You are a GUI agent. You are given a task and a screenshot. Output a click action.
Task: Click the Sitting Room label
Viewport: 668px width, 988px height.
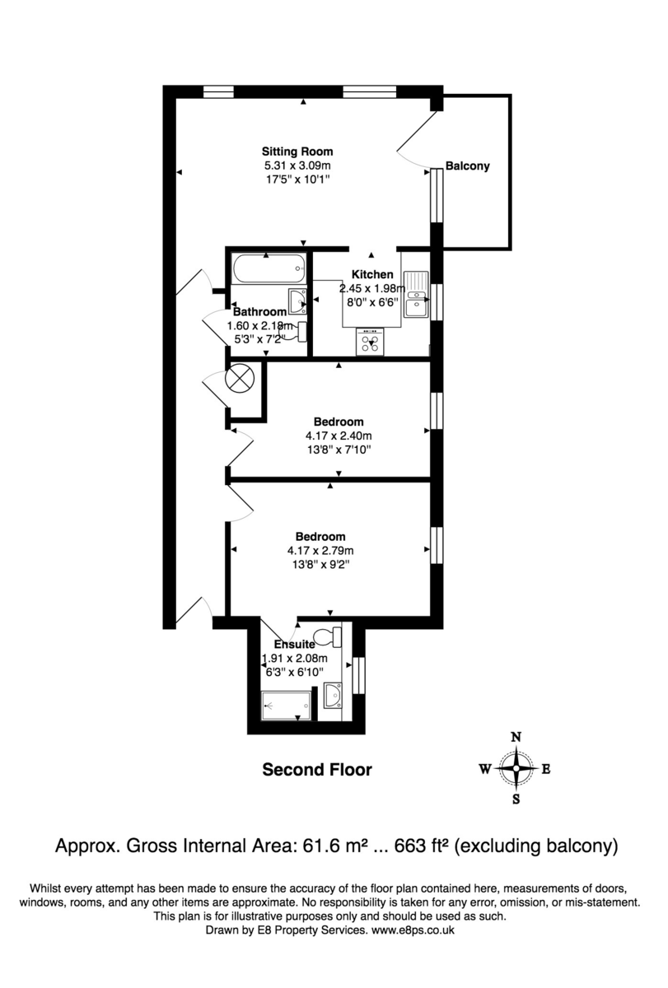click(297, 151)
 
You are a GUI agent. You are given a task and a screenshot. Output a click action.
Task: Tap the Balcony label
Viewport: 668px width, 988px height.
click(467, 165)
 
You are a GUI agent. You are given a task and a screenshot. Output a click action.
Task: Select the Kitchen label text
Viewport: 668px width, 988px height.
click(372, 274)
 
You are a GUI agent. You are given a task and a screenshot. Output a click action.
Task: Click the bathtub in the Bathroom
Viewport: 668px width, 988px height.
click(269, 268)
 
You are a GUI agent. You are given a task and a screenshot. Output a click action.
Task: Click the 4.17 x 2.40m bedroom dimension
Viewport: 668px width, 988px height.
click(339, 436)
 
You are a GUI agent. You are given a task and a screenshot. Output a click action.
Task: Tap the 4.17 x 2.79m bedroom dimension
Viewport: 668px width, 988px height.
click(320, 551)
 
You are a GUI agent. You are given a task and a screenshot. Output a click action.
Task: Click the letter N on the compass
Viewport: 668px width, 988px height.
click(516, 738)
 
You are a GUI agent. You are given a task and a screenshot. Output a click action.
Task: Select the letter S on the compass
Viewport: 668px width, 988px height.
click(516, 799)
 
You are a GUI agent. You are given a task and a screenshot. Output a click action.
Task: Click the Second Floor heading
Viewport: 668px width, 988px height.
click(317, 770)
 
